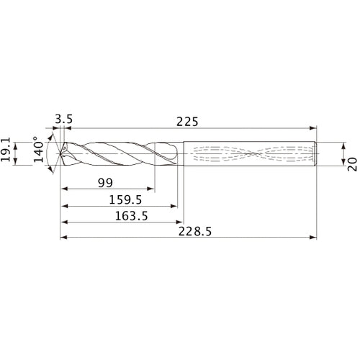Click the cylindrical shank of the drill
pos(252,153)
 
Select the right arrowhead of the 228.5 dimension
pos(315,237)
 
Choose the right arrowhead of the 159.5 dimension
pos(176,206)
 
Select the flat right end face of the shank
pos(318,153)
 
